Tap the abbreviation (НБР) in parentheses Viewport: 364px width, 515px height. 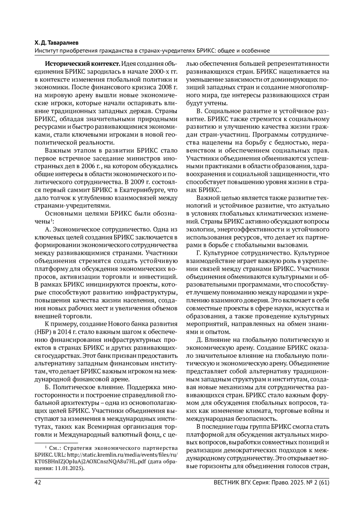pyautogui.click(x=43, y=331)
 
